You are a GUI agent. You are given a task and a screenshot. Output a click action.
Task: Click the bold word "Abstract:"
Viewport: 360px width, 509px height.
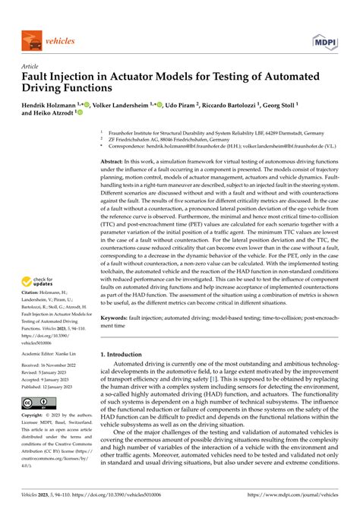tap(116, 162)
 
